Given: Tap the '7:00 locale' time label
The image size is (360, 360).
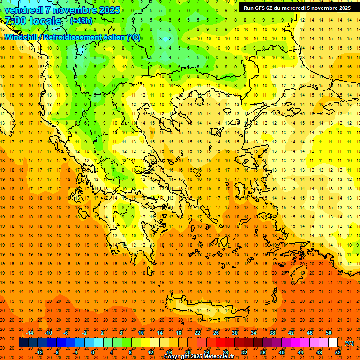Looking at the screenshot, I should point(33,21).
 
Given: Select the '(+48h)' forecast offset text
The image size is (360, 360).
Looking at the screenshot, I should point(81,21).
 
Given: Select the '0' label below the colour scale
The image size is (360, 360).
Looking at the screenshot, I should point(93,352).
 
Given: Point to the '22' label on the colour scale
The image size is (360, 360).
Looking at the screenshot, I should point(197,333).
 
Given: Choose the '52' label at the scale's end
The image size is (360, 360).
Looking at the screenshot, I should point(338,352).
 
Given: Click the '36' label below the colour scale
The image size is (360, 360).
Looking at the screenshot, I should point(263,352).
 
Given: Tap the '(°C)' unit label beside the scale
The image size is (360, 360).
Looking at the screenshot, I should point(349,343).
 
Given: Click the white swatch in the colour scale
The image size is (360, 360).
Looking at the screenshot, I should point(333,343).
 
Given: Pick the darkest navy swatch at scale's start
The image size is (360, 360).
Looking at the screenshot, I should point(23,343).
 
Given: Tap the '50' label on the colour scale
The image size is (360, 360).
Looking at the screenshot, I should point(329,333).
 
